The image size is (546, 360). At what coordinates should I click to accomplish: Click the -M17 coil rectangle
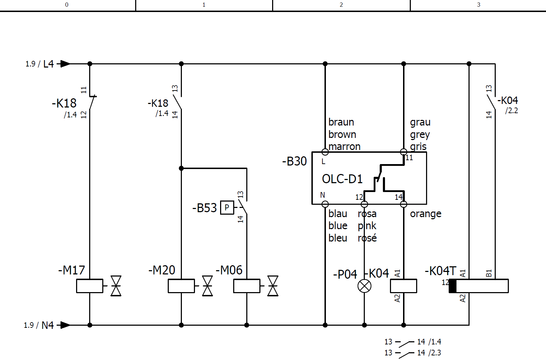[x=90, y=286]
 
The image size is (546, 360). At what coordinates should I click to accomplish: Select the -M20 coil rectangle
[x=181, y=286]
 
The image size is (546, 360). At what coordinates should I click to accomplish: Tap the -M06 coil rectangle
[x=247, y=286]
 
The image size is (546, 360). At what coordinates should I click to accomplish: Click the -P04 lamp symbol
[x=364, y=286]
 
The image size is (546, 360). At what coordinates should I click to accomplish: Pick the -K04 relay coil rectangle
[x=403, y=286]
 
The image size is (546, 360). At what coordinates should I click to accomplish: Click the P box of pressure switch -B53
[x=227, y=208]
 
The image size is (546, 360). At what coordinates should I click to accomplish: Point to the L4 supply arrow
[x=65, y=64]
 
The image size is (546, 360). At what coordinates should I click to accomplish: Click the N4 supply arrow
[x=65, y=325]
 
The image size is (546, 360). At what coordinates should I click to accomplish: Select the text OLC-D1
[x=342, y=179]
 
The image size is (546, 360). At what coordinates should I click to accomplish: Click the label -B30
[x=294, y=161]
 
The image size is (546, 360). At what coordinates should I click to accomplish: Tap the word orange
[x=426, y=214]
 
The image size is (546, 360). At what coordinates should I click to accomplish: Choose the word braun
[x=341, y=122]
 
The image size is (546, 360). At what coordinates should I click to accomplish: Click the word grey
[x=420, y=135]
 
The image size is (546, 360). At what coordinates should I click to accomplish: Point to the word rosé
[x=367, y=238]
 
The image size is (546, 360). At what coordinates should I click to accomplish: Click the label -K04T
[x=441, y=271]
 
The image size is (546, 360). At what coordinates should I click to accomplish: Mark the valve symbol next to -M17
[x=116, y=286]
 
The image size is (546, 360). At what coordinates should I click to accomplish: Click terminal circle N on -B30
[x=325, y=204]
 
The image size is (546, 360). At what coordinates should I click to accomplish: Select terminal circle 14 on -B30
[x=403, y=204]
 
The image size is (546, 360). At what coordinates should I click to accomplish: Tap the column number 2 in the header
[x=341, y=5]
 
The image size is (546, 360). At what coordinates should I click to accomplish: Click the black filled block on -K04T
[x=453, y=286]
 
